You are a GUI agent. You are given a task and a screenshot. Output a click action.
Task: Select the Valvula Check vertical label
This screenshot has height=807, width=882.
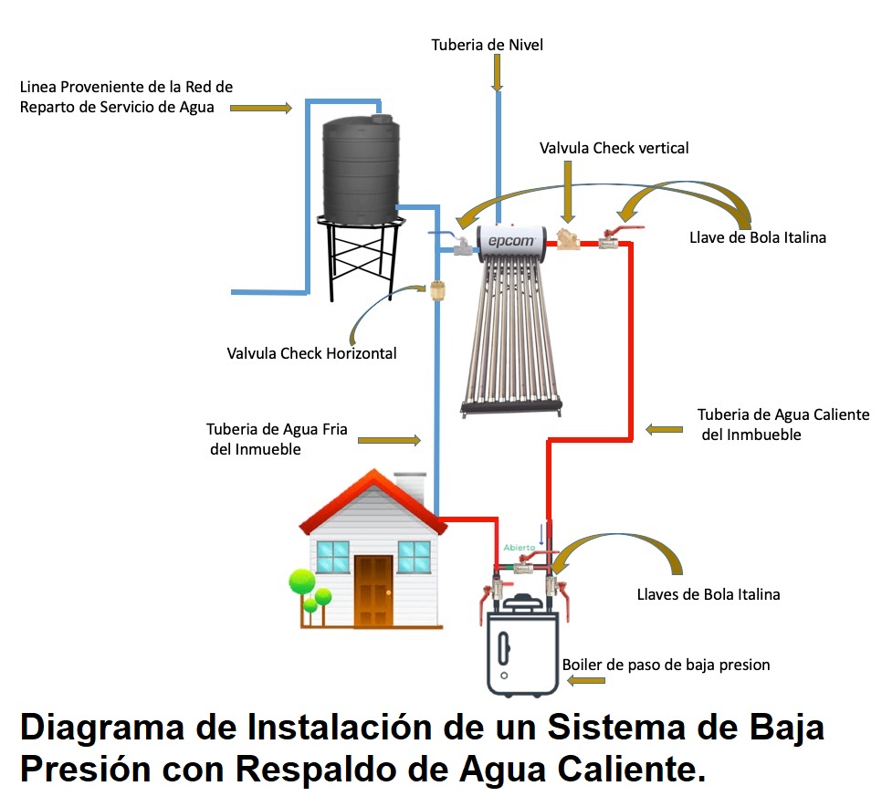tap(614, 148)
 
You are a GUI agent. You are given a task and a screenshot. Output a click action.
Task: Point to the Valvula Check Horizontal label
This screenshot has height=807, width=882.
tap(311, 353)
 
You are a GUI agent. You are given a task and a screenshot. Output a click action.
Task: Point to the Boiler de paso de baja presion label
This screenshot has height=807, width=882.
tap(666, 665)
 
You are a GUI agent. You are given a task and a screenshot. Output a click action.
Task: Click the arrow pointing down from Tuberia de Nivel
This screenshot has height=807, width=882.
tap(498, 73)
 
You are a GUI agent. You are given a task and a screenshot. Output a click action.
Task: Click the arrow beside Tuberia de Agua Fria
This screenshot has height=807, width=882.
tap(389, 440)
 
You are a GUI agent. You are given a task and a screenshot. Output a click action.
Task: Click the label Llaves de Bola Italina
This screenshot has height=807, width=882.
tap(708, 594)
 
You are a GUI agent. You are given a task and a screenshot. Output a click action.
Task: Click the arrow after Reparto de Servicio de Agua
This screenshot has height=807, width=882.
tap(260, 109)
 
